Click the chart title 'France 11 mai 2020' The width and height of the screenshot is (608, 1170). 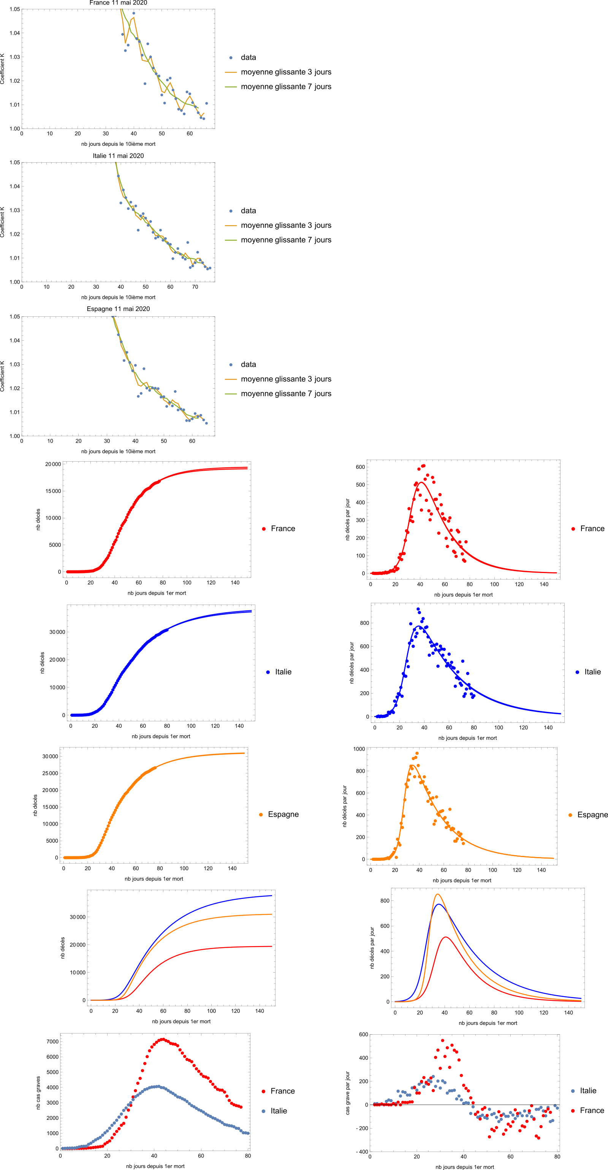118,3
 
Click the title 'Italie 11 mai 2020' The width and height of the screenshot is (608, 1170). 118,156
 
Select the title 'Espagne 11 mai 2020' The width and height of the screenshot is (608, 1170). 118,309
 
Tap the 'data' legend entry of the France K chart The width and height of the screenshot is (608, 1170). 248,57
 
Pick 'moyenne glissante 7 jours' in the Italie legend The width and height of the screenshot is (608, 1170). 286,240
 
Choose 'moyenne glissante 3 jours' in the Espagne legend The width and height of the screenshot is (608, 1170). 286,379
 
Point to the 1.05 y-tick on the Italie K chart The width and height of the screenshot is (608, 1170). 14,163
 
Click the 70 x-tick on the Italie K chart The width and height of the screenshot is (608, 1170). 195,287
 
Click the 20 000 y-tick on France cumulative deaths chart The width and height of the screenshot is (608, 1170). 53,464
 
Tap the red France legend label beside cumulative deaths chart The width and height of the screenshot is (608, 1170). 282,529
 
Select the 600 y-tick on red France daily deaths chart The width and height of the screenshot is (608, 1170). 360,467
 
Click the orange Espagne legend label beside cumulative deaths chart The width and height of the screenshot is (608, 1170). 283,814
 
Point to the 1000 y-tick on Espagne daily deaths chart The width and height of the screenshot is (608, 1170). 359,749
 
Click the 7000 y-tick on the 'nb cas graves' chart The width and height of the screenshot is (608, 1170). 53,1041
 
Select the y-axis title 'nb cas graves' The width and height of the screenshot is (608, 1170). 38,1093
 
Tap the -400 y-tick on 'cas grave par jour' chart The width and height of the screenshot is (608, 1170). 362,1152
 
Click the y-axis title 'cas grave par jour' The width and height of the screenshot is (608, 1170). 348,1093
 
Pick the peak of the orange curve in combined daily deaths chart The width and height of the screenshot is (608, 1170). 437,894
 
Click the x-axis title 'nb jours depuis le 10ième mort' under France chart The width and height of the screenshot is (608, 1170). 118,144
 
